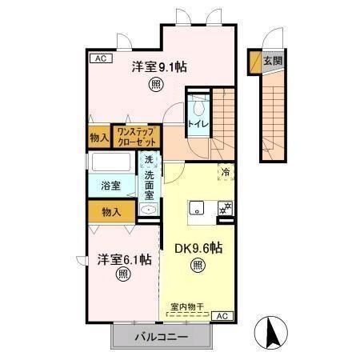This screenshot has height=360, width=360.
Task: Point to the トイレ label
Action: tap(197, 125)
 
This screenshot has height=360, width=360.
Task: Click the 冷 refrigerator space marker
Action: tap(226, 171)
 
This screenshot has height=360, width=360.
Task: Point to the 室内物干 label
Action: tap(189, 306)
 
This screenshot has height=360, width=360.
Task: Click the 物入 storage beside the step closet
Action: tap(100, 138)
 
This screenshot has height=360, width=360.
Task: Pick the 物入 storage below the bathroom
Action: tap(111, 212)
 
